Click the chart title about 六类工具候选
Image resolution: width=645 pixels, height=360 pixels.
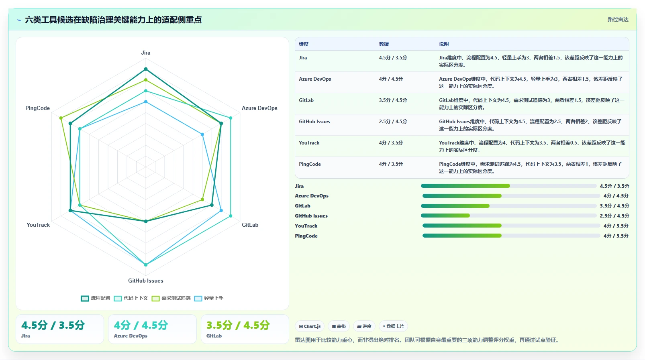113,20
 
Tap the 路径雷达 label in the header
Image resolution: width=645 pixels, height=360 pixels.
618,19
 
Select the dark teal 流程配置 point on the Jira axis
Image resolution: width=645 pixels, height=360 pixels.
146,69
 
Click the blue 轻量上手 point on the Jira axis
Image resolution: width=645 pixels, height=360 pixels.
146,102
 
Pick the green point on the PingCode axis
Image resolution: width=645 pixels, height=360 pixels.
61,118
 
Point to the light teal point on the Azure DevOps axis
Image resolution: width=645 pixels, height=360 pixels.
231,118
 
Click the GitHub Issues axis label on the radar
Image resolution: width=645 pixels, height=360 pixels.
146,281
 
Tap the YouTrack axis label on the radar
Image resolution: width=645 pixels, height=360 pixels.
38,225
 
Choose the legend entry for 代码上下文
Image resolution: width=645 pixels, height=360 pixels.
131,298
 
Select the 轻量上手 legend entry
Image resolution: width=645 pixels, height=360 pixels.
209,298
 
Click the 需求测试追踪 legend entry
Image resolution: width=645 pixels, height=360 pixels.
171,298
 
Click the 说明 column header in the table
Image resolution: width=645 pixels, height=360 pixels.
444,44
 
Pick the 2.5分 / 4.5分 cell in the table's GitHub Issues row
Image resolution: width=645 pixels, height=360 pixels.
393,122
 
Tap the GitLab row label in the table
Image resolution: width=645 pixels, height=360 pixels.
306,100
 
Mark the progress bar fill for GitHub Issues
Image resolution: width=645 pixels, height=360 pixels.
445,216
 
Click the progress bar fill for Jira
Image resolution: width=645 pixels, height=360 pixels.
465,186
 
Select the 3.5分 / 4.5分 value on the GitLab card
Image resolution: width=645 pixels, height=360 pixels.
238,325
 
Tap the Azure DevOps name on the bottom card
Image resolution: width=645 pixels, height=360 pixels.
131,336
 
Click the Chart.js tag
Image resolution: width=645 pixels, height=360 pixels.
310,326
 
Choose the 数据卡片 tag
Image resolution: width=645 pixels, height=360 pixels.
393,326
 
